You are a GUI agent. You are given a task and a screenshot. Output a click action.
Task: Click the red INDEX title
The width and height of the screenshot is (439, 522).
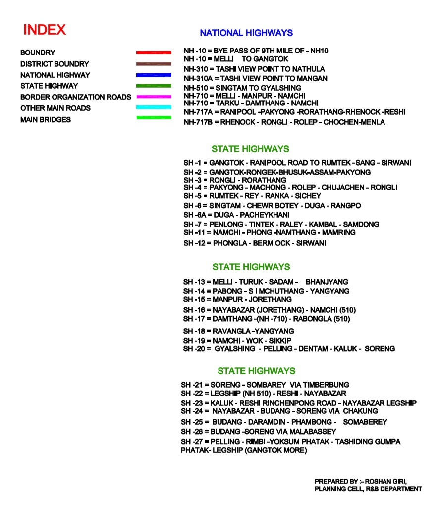coord(45,30)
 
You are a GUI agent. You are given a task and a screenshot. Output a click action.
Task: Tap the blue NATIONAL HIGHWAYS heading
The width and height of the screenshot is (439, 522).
coord(246,33)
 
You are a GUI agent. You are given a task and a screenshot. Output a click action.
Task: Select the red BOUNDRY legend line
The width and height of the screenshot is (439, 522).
coord(154,52)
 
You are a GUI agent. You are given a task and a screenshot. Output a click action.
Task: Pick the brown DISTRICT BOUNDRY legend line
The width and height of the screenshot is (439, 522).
coord(154,64)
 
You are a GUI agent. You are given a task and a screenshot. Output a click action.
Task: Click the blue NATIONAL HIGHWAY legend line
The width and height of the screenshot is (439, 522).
coord(154,75)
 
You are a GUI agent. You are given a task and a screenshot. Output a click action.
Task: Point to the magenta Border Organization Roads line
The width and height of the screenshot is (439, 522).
coord(154,97)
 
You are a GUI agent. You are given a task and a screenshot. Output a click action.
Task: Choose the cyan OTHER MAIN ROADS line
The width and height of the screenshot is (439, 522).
coord(154,108)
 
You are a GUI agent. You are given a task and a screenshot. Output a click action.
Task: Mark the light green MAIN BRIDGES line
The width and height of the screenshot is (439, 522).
coord(154,118)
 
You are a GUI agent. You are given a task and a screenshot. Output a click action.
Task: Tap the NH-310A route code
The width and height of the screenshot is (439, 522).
coord(196,78)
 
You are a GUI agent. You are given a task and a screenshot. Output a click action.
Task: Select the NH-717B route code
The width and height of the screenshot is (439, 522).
coord(196,122)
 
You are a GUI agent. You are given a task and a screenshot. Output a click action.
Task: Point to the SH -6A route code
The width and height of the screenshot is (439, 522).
coord(194,215)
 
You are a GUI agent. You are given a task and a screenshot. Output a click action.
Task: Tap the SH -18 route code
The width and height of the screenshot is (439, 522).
coord(194,331)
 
